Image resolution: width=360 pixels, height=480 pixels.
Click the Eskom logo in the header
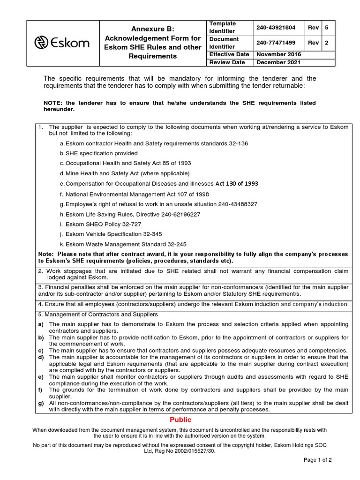click(x=61, y=43)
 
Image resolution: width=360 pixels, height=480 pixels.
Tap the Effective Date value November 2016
click(x=278, y=54)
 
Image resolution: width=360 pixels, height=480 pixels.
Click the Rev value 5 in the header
click(x=326, y=28)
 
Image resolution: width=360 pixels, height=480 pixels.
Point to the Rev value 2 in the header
click(x=326, y=43)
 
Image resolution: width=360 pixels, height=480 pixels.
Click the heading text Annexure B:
click(x=152, y=29)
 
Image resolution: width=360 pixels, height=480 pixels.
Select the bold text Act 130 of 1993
click(x=236, y=183)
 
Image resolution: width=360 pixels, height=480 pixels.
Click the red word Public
click(x=180, y=420)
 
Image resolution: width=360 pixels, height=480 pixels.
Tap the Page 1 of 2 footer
click(x=318, y=460)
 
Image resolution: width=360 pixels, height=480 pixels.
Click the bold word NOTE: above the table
click(x=53, y=103)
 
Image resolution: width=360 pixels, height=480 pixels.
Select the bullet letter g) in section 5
click(x=41, y=403)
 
